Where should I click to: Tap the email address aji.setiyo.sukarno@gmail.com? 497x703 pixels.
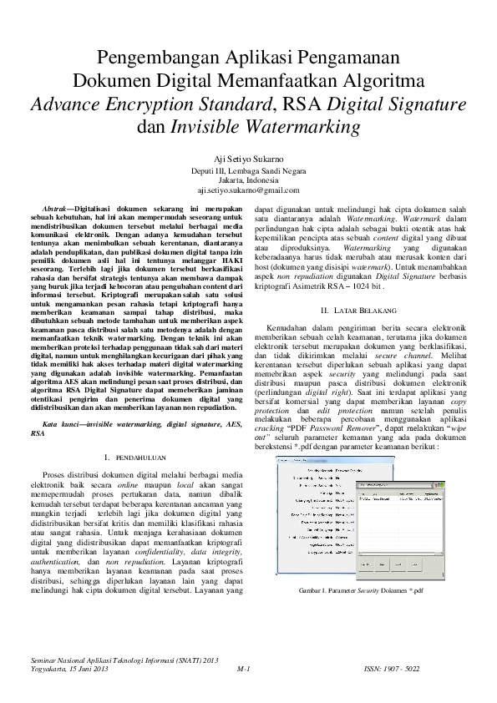coord(248,190)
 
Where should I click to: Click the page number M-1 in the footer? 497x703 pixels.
coord(245,670)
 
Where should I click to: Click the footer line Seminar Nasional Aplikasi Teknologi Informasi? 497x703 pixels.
coord(124,660)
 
